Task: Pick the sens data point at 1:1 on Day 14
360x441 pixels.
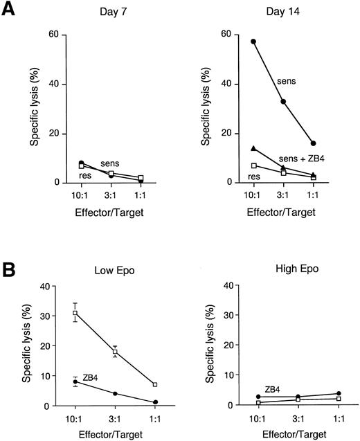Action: (x=313, y=143)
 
